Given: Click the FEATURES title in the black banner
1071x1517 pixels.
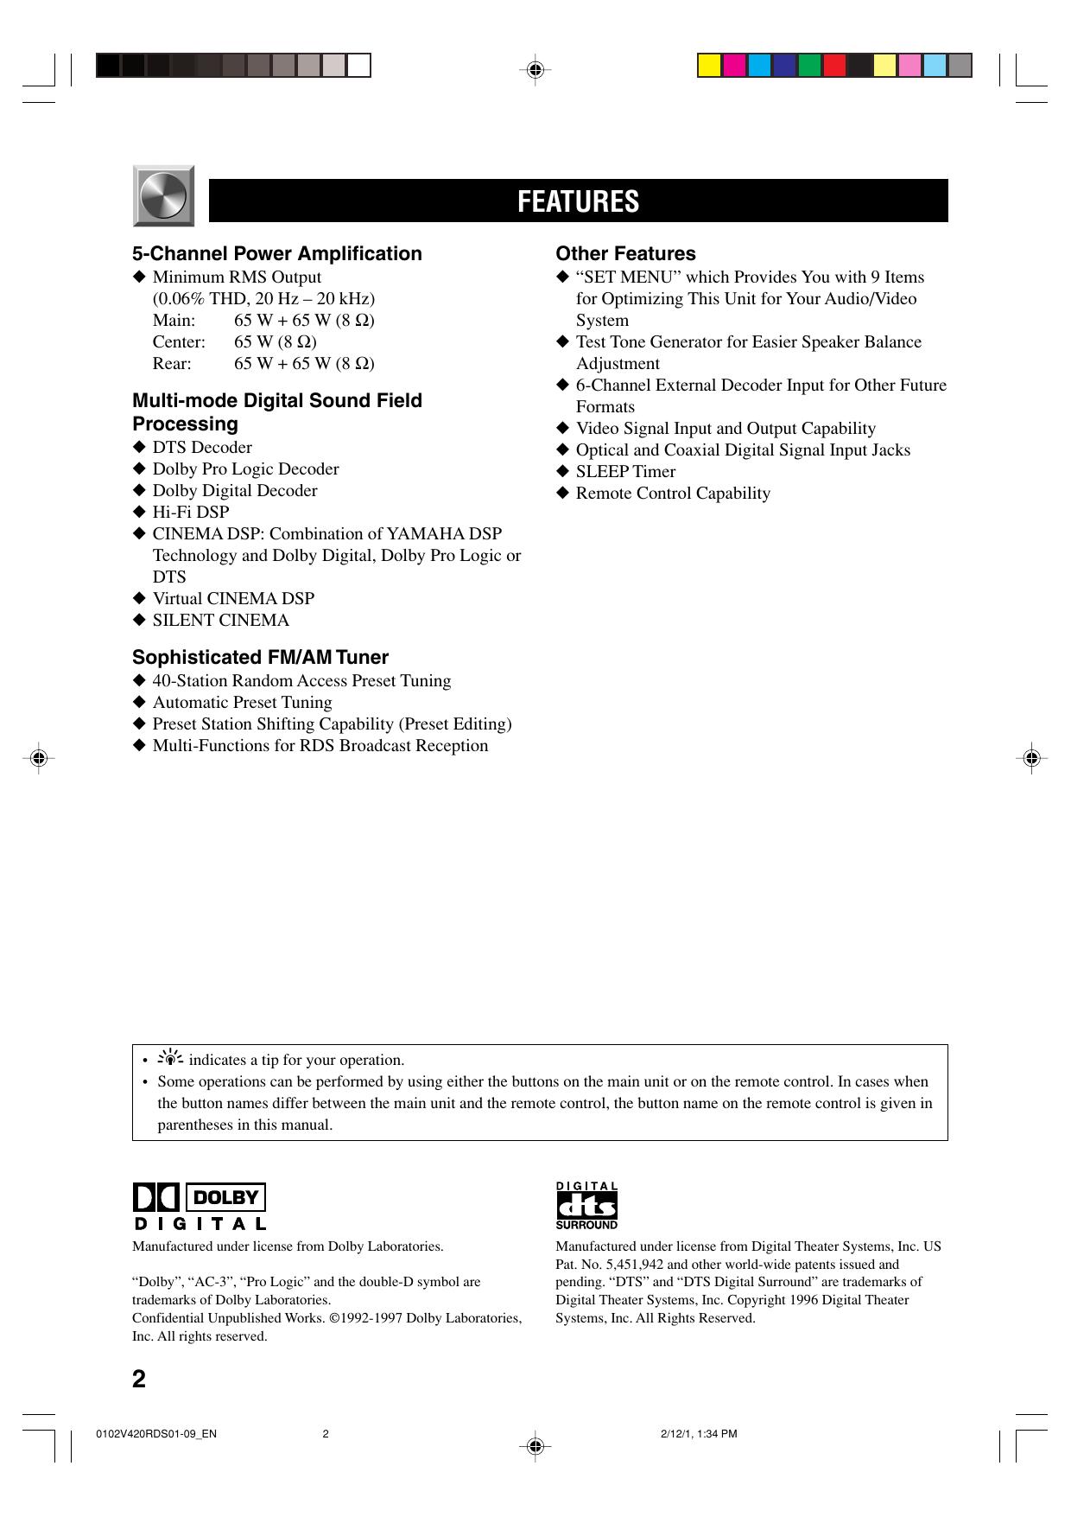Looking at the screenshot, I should click(x=578, y=201).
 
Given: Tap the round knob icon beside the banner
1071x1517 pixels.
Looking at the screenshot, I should click(x=163, y=196).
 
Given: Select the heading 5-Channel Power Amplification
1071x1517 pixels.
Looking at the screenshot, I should click(x=276, y=253).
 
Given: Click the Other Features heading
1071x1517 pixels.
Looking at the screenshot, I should click(x=625, y=253).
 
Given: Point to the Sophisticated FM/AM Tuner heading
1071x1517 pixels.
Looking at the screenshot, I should click(x=260, y=657).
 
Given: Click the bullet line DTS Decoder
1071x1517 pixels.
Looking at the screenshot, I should click(x=202, y=447).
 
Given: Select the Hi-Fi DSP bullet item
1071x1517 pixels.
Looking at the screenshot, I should click(x=191, y=512).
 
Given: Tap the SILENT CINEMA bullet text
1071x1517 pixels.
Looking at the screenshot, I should click(x=220, y=620).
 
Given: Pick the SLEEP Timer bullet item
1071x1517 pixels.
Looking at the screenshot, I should click(x=625, y=471).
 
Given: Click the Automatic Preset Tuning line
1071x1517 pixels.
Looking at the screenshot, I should click(x=242, y=702).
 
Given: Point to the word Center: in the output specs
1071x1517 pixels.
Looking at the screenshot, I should click(x=179, y=341).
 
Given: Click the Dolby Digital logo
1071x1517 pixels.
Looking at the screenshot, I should click(x=200, y=1206).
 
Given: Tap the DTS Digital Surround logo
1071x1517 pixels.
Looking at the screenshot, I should click(x=586, y=1205).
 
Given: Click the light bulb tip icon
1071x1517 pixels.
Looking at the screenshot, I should click(x=173, y=1058).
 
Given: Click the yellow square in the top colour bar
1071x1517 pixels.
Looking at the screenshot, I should click(x=710, y=66).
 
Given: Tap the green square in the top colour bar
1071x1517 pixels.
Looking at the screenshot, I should click(x=809, y=66).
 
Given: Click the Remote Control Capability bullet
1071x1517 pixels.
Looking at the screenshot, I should click(x=673, y=493).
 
